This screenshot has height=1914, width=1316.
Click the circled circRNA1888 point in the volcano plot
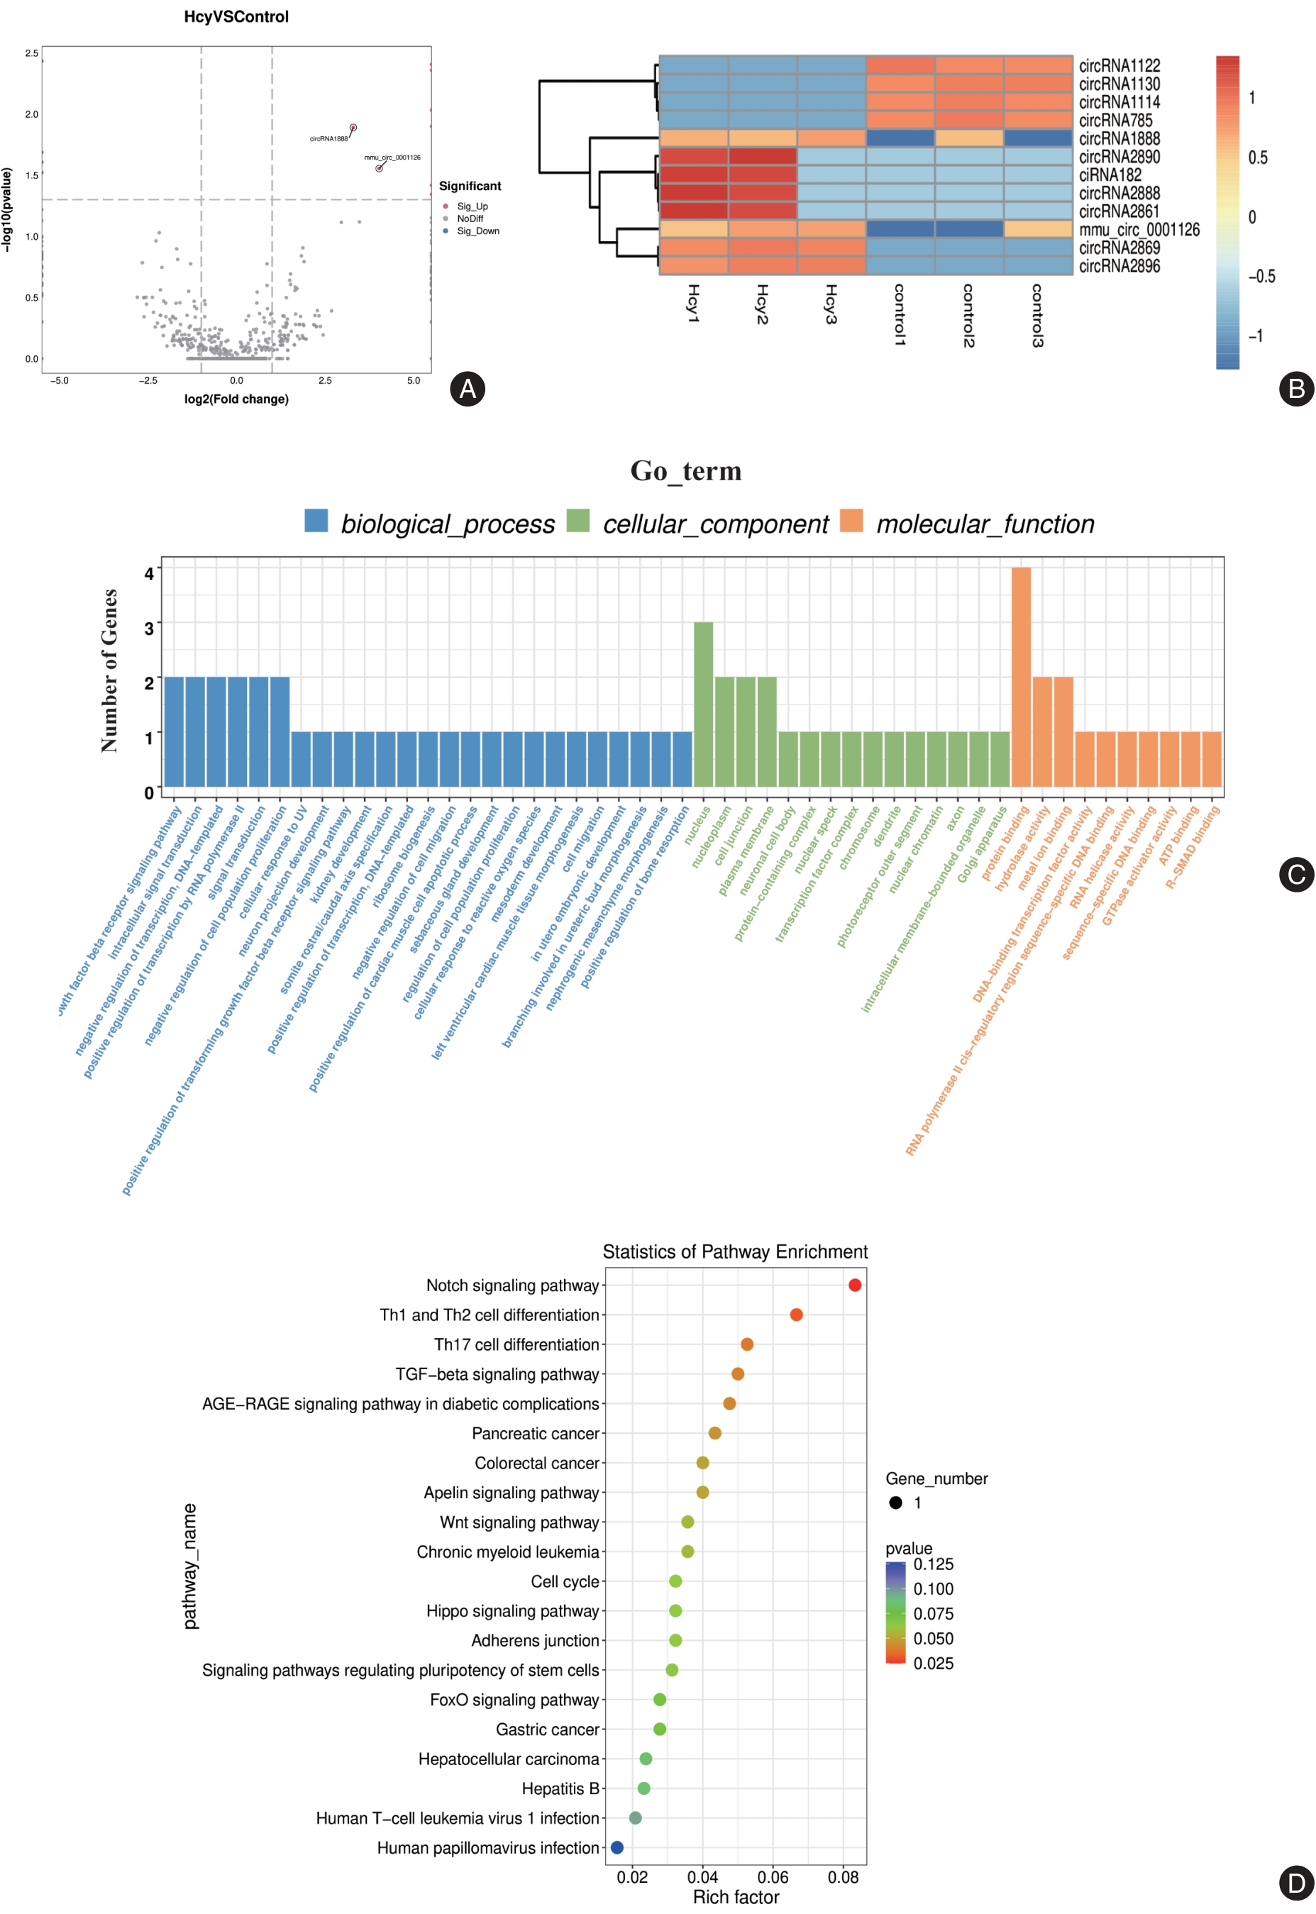point(353,128)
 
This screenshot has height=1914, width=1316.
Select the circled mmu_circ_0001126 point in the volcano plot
point(380,168)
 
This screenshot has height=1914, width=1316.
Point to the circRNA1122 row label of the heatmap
point(1119,65)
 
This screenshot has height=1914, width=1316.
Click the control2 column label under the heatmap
point(969,316)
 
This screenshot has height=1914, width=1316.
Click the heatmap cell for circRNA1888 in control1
point(900,138)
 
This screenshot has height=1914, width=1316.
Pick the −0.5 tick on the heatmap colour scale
point(1261,276)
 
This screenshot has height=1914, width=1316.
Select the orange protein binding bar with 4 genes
point(1021,676)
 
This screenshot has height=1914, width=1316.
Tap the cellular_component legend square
point(578,521)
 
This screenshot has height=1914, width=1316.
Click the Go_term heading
point(685,470)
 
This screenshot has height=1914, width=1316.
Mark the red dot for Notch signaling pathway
point(855,1285)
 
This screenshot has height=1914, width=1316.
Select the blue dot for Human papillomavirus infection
point(616,1847)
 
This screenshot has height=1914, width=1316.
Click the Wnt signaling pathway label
point(519,1522)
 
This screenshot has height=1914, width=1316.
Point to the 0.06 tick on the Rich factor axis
point(773,1877)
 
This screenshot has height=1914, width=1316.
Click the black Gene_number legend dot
point(895,1503)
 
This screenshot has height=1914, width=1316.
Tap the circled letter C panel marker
point(1295,874)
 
